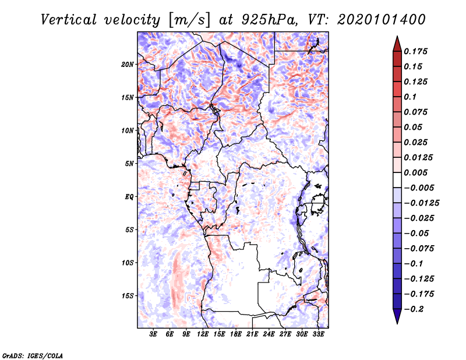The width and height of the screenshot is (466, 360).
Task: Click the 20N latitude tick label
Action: point(128,64)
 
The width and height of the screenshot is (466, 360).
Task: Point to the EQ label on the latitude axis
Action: point(129,196)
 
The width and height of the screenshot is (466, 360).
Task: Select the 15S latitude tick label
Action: point(128,296)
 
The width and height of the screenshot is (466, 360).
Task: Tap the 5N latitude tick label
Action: point(130,164)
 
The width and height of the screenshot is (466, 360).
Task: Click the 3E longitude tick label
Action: point(154,334)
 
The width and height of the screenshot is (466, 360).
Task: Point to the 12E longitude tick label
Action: point(203,334)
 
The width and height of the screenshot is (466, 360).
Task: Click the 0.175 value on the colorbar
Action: point(416,51)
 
